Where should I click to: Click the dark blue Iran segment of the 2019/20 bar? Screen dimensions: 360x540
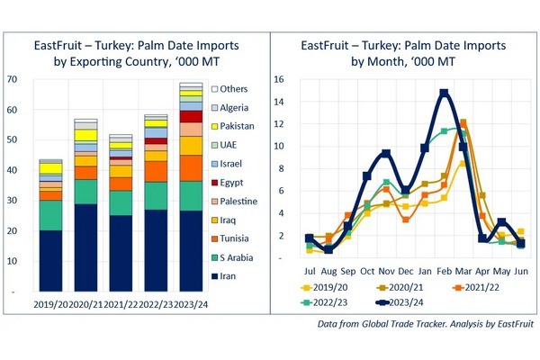click(50, 261)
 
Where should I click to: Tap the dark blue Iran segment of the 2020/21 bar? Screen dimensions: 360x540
click(85, 247)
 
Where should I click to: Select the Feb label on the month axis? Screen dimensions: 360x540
click(445, 270)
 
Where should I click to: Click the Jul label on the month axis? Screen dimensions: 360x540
click(310, 270)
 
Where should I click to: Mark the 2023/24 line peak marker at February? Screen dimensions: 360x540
click(444, 93)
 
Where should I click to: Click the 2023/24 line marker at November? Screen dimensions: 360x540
click(386, 154)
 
